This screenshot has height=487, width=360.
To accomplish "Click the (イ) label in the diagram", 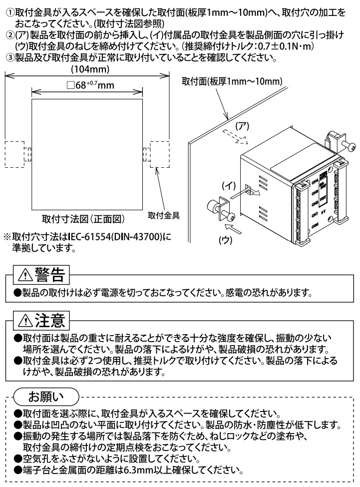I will tap(228, 185).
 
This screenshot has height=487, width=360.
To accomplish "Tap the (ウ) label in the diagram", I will tap(227, 240).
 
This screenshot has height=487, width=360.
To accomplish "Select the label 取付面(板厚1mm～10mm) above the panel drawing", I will tap(233, 81).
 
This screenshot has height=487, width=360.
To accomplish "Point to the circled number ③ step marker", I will tap(9, 56).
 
